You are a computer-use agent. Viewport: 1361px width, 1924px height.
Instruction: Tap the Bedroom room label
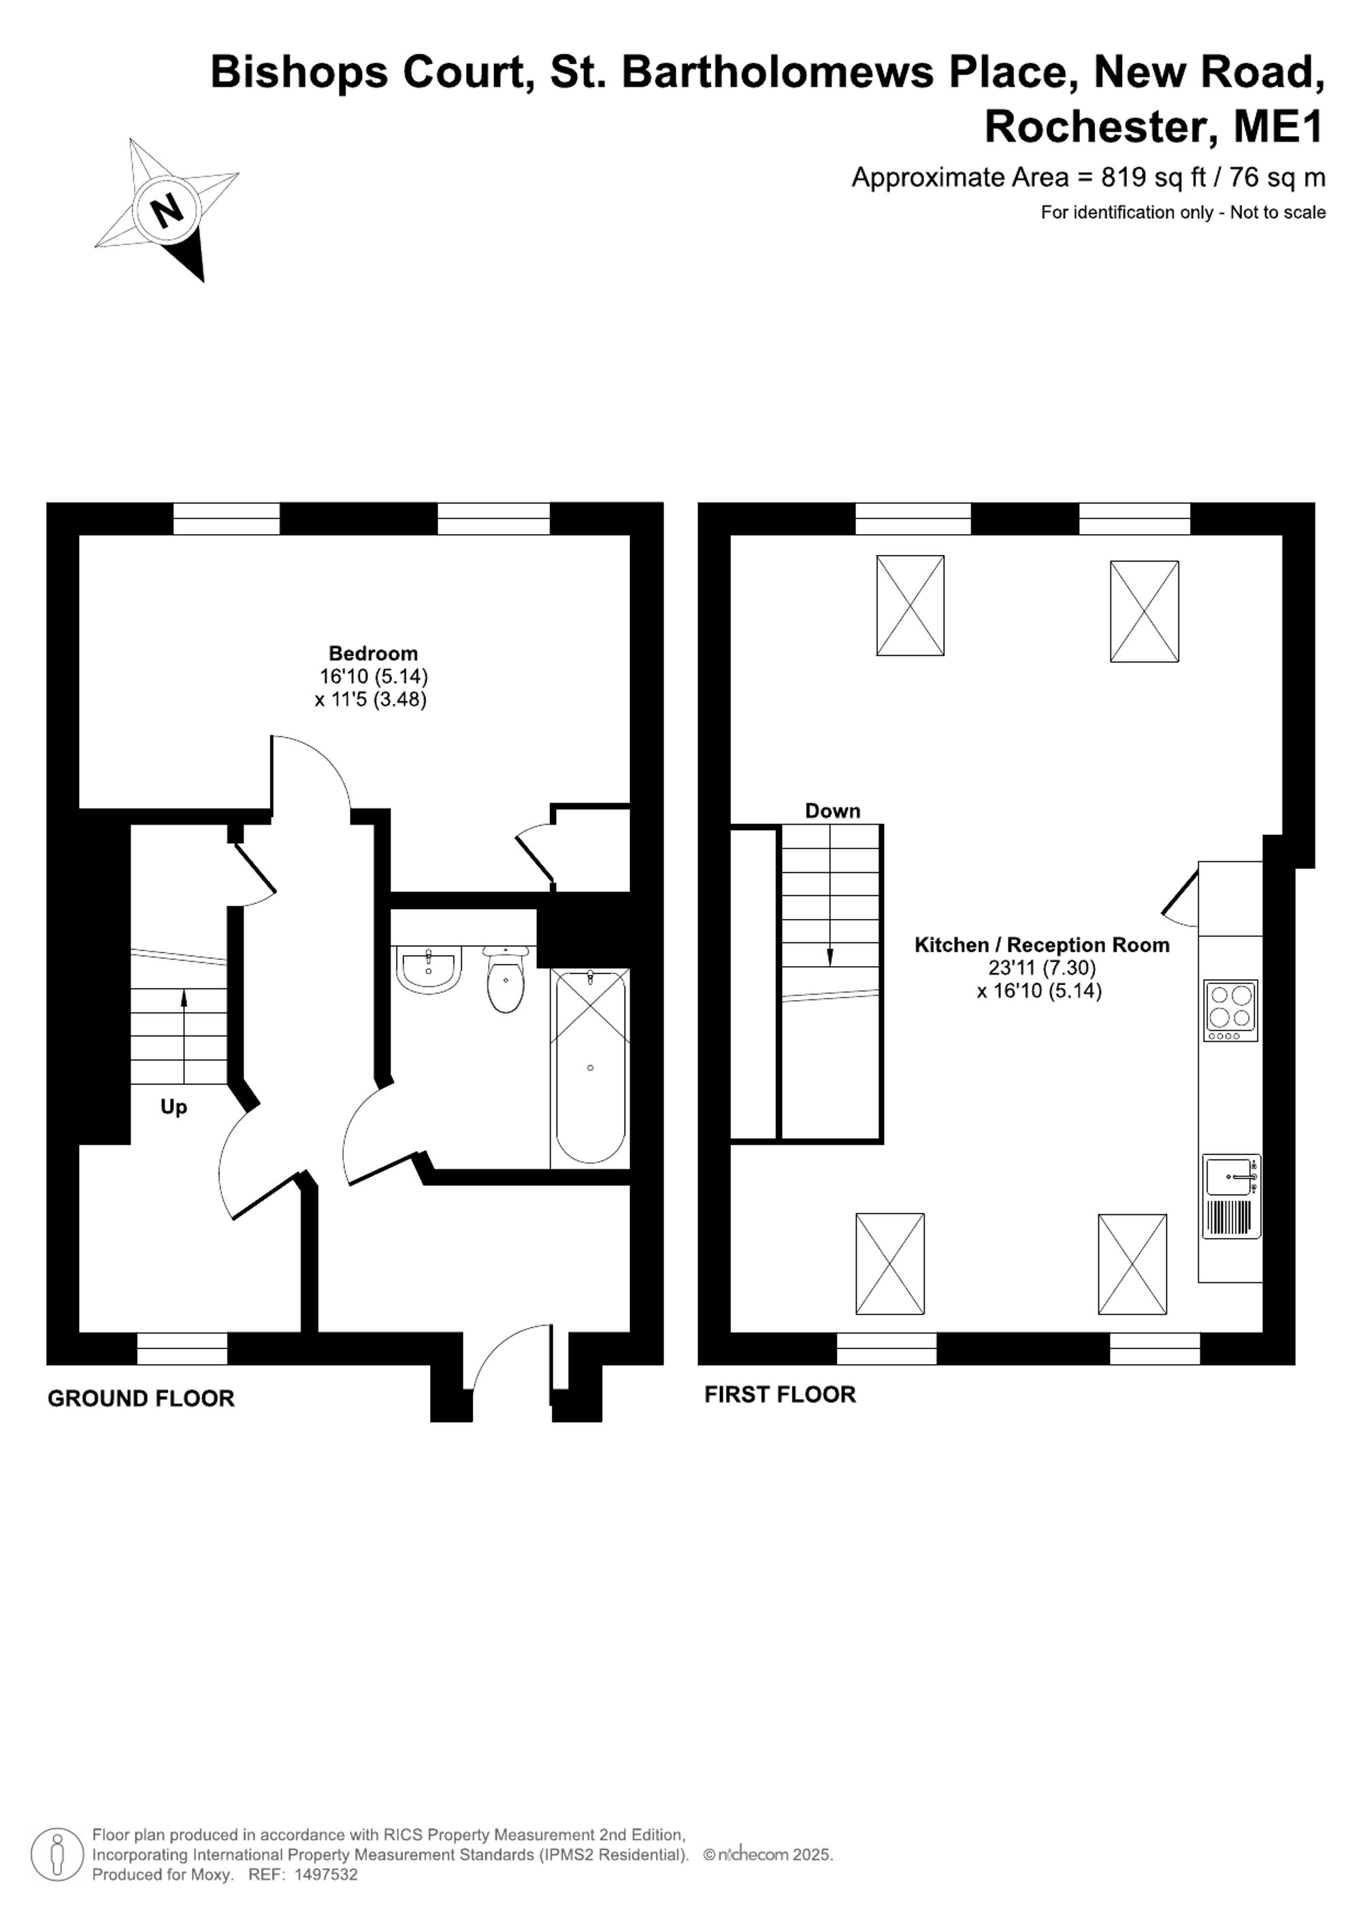373,653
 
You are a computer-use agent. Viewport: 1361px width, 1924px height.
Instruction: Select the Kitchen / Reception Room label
1042,944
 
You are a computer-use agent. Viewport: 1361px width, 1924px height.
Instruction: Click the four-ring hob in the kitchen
1230,1010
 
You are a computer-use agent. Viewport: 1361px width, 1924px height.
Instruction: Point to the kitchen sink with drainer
1232,1197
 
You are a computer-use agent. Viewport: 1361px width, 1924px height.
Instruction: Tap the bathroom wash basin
428,970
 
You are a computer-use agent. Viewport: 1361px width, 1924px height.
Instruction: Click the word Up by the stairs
174,1107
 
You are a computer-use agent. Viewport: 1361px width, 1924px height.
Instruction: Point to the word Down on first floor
832,810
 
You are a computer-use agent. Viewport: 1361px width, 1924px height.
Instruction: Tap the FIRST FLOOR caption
781,1395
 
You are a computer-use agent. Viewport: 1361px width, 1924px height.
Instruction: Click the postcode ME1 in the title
1279,127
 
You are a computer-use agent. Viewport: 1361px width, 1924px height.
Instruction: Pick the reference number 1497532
326,1874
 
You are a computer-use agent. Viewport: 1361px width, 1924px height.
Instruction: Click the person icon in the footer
57,1854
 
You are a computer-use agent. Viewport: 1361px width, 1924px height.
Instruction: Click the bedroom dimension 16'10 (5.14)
373,676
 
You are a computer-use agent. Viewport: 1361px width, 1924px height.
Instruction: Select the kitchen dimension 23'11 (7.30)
1042,968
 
